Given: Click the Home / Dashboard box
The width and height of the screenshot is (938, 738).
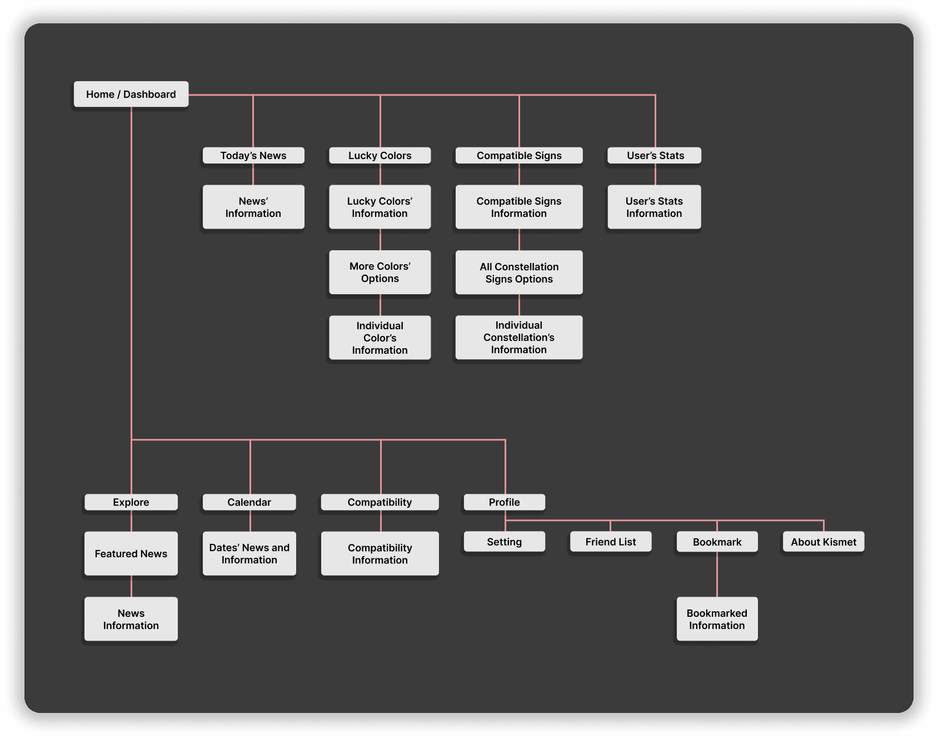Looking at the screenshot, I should click(x=131, y=95).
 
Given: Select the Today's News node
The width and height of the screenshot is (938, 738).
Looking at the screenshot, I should click(x=253, y=156).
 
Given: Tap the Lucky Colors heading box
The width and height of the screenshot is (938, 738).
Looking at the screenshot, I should click(x=380, y=156).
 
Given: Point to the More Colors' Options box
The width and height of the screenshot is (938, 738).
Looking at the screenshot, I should click(x=380, y=273).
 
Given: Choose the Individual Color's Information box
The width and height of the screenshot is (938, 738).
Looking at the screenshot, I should click(x=380, y=338).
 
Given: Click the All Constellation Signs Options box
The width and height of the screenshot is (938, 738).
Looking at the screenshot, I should click(x=519, y=273).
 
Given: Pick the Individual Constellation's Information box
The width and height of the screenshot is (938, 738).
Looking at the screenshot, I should click(x=519, y=338).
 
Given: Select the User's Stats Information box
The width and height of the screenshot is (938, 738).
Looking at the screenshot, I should click(x=654, y=207).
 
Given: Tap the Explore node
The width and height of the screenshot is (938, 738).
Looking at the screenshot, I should click(x=131, y=502).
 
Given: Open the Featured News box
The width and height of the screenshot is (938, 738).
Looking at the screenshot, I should click(x=131, y=553).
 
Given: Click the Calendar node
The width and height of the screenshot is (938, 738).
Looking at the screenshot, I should click(x=249, y=502).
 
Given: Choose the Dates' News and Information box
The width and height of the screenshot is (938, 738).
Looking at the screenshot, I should click(x=249, y=553).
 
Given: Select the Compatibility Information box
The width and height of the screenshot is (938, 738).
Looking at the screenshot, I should click(x=380, y=553).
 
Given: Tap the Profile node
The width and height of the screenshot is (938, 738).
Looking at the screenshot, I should click(x=505, y=502).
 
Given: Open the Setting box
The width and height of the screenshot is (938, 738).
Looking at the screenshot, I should click(x=505, y=542).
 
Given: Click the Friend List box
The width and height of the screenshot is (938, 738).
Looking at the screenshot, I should click(x=611, y=542).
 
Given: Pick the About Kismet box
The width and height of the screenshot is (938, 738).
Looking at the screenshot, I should click(x=824, y=542).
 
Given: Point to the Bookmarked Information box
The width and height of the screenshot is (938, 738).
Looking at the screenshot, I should click(x=717, y=619).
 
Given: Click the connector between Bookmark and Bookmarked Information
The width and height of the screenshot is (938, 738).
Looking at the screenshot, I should click(x=717, y=574).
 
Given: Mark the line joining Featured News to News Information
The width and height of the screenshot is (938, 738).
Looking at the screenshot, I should click(x=131, y=586).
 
